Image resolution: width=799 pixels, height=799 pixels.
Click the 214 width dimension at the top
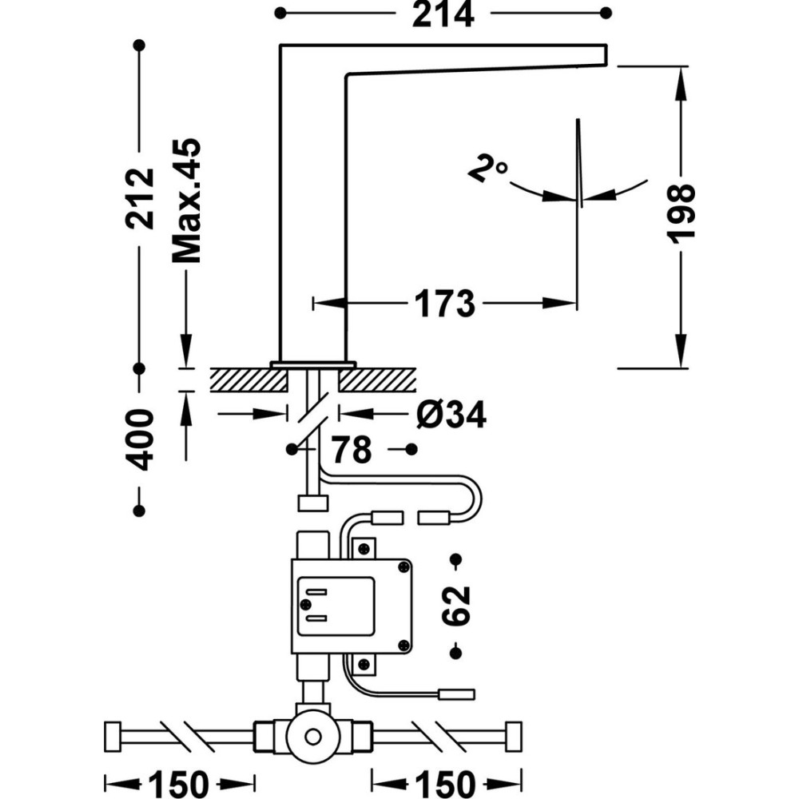(443, 14)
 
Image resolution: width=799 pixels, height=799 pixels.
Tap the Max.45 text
(186, 201)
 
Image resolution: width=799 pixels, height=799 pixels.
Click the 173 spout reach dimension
(444, 303)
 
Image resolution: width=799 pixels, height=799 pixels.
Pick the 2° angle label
(488, 170)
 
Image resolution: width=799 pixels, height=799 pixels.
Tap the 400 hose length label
(141, 439)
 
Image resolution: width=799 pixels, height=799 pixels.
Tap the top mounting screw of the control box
(364, 549)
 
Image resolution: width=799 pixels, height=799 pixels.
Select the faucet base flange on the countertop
(312, 364)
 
